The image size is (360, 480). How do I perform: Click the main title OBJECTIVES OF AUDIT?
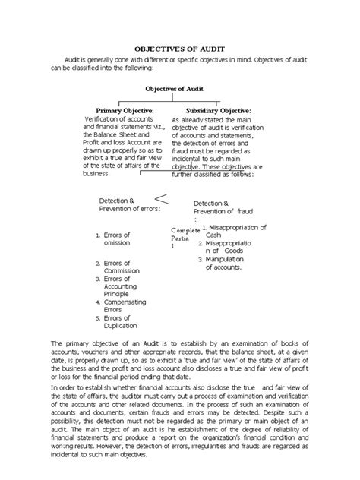179,46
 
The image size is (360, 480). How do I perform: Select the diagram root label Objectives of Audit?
179,88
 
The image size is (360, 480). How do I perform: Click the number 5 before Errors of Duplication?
98,320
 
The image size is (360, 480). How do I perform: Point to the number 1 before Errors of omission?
98,235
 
